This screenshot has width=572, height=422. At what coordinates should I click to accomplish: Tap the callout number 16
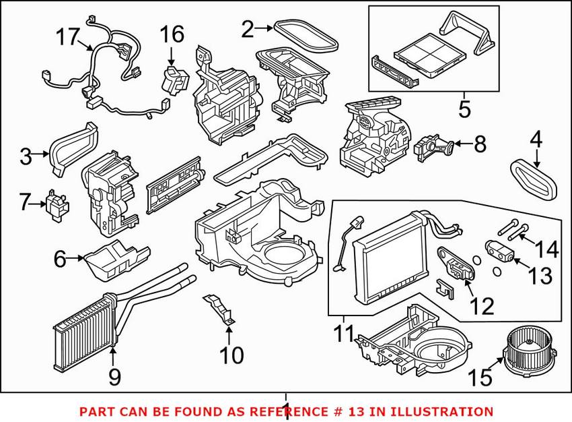(x=171, y=32)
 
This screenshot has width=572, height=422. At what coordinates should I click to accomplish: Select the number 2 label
(x=248, y=28)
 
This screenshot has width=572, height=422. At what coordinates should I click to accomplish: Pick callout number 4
(x=536, y=140)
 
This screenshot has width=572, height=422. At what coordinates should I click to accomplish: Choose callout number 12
(x=482, y=307)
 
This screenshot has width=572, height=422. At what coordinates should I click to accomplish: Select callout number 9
(x=114, y=376)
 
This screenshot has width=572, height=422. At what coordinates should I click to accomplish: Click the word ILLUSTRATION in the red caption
(x=441, y=411)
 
